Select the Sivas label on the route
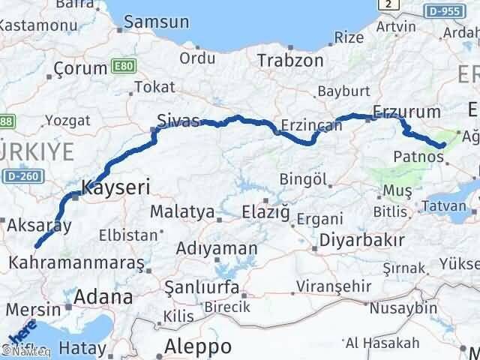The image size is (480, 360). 178,120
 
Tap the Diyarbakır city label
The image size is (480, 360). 362,241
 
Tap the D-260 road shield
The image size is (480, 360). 22,177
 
